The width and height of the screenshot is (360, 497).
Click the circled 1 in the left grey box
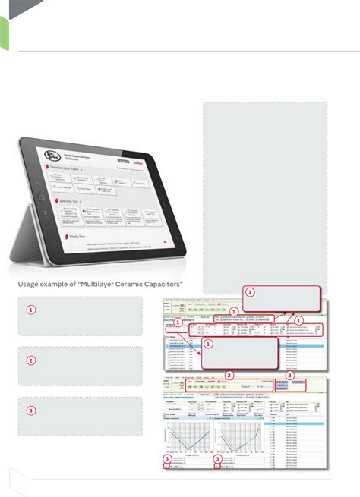pyautogui.click(x=31, y=310)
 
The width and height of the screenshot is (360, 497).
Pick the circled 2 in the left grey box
pyautogui.click(x=31, y=360)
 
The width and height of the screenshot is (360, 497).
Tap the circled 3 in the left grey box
pyautogui.click(x=31, y=411)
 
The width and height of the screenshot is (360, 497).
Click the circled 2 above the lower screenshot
pyautogui.click(x=229, y=375)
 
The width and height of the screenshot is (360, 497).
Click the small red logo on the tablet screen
pyautogui.click(x=139, y=161)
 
